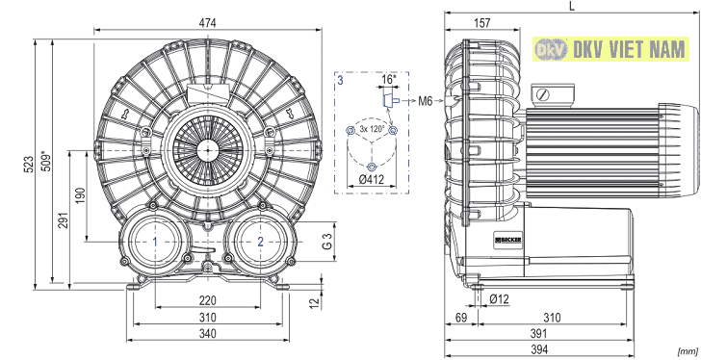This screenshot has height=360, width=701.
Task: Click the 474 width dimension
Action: click(x=208, y=23)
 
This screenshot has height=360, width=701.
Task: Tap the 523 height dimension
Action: click(x=29, y=165)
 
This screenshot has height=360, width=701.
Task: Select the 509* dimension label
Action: click(x=46, y=162)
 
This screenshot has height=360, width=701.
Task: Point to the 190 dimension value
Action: click(x=80, y=195)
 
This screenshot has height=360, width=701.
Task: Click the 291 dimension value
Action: click(x=64, y=220)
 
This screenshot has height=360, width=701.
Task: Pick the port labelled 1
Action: click(x=155, y=242)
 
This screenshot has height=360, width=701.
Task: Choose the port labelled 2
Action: click(x=260, y=242)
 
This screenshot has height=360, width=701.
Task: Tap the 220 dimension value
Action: click(x=207, y=300)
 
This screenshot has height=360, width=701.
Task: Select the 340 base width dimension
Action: click(x=207, y=334)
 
